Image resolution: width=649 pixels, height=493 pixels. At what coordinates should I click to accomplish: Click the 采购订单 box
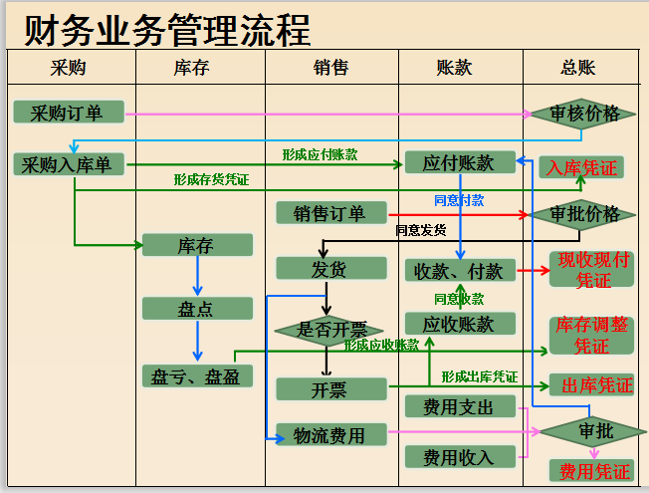coord(67,113)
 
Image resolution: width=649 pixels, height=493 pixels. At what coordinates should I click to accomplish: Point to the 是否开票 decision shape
coord(327,329)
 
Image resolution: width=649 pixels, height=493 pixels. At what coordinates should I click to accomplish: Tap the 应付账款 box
coord(459,163)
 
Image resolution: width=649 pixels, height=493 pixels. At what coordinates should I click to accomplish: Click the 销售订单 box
coord(329,213)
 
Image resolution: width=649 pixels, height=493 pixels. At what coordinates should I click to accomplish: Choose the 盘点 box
coord(196,309)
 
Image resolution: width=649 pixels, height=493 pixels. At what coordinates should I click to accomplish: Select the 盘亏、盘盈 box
coord(196,376)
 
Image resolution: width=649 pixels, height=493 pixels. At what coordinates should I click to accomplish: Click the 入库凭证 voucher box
coord(582,167)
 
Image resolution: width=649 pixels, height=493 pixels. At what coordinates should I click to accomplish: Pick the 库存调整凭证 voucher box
coord(591,336)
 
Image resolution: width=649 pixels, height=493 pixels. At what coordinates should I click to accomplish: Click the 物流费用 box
coord(327,435)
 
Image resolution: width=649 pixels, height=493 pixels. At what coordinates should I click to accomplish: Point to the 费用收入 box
coord(459,457)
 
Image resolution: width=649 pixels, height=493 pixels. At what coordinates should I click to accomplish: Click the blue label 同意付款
coord(459,200)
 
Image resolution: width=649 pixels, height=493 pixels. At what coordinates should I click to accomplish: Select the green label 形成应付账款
coord(319,154)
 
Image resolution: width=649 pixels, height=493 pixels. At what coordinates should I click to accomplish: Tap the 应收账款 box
coord(459,324)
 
